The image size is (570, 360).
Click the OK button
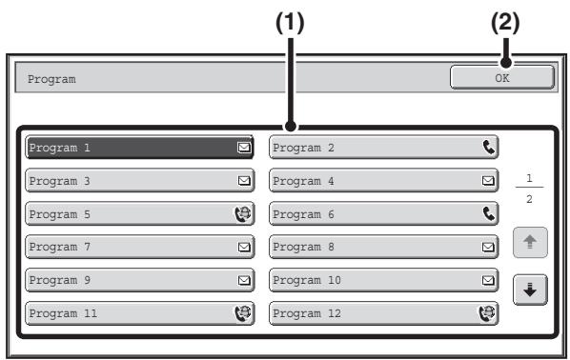pyautogui.click(x=502, y=77)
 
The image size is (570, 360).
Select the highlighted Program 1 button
pyautogui.click(x=139, y=147)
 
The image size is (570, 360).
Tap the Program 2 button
pyautogui.click(x=383, y=147)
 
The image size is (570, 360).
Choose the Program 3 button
pyautogui.click(x=139, y=180)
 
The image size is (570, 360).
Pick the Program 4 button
pyautogui.click(x=383, y=180)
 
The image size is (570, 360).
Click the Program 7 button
pyautogui.click(x=139, y=247)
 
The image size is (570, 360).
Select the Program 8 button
pyautogui.click(x=383, y=247)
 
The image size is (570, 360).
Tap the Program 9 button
pyautogui.click(x=139, y=280)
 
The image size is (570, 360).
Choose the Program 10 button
pyautogui.click(x=383, y=280)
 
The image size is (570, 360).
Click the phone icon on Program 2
pyautogui.click(x=489, y=147)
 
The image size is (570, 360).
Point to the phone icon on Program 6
pyautogui.click(x=489, y=213)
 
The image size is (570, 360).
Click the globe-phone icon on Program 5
pyautogui.click(x=243, y=213)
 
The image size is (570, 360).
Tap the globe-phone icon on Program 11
pyautogui.click(x=243, y=313)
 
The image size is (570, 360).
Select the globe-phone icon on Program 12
pyautogui.click(x=487, y=313)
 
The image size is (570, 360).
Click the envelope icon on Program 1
pyautogui.click(x=244, y=147)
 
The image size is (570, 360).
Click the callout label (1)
pyautogui.click(x=290, y=23)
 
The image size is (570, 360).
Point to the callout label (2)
pyautogui.click(x=505, y=23)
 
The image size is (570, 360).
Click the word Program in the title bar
pyautogui.click(x=51, y=79)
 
